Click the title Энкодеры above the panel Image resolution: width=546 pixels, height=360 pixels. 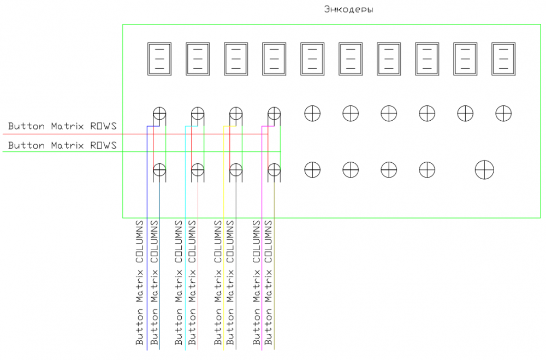tap(348, 9)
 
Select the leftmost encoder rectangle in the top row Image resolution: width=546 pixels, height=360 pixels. tap(159, 59)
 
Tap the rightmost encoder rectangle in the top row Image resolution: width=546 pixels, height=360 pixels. tap(503, 59)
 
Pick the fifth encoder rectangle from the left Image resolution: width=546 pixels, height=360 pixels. tap(312, 59)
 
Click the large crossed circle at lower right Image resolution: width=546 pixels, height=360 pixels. tap(484, 169)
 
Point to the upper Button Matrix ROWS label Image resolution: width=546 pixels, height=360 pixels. tap(62, 127)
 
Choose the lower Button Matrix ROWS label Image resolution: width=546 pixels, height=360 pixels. tap(62, 145)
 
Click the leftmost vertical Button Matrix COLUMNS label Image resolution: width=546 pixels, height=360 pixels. tap(140, 282)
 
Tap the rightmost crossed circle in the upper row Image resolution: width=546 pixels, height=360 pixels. tap(503, 113)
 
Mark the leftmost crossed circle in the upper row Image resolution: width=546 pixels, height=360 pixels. tap(159, 114)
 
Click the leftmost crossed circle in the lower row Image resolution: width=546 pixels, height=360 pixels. tap(159, 169)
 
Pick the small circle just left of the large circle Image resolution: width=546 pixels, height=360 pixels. tap(427, 169)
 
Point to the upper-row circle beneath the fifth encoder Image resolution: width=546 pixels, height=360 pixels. tap(312, 113)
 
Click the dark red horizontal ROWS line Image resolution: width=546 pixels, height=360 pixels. tap(82, 134)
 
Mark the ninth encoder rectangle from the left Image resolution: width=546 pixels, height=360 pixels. tap(465, 59)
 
